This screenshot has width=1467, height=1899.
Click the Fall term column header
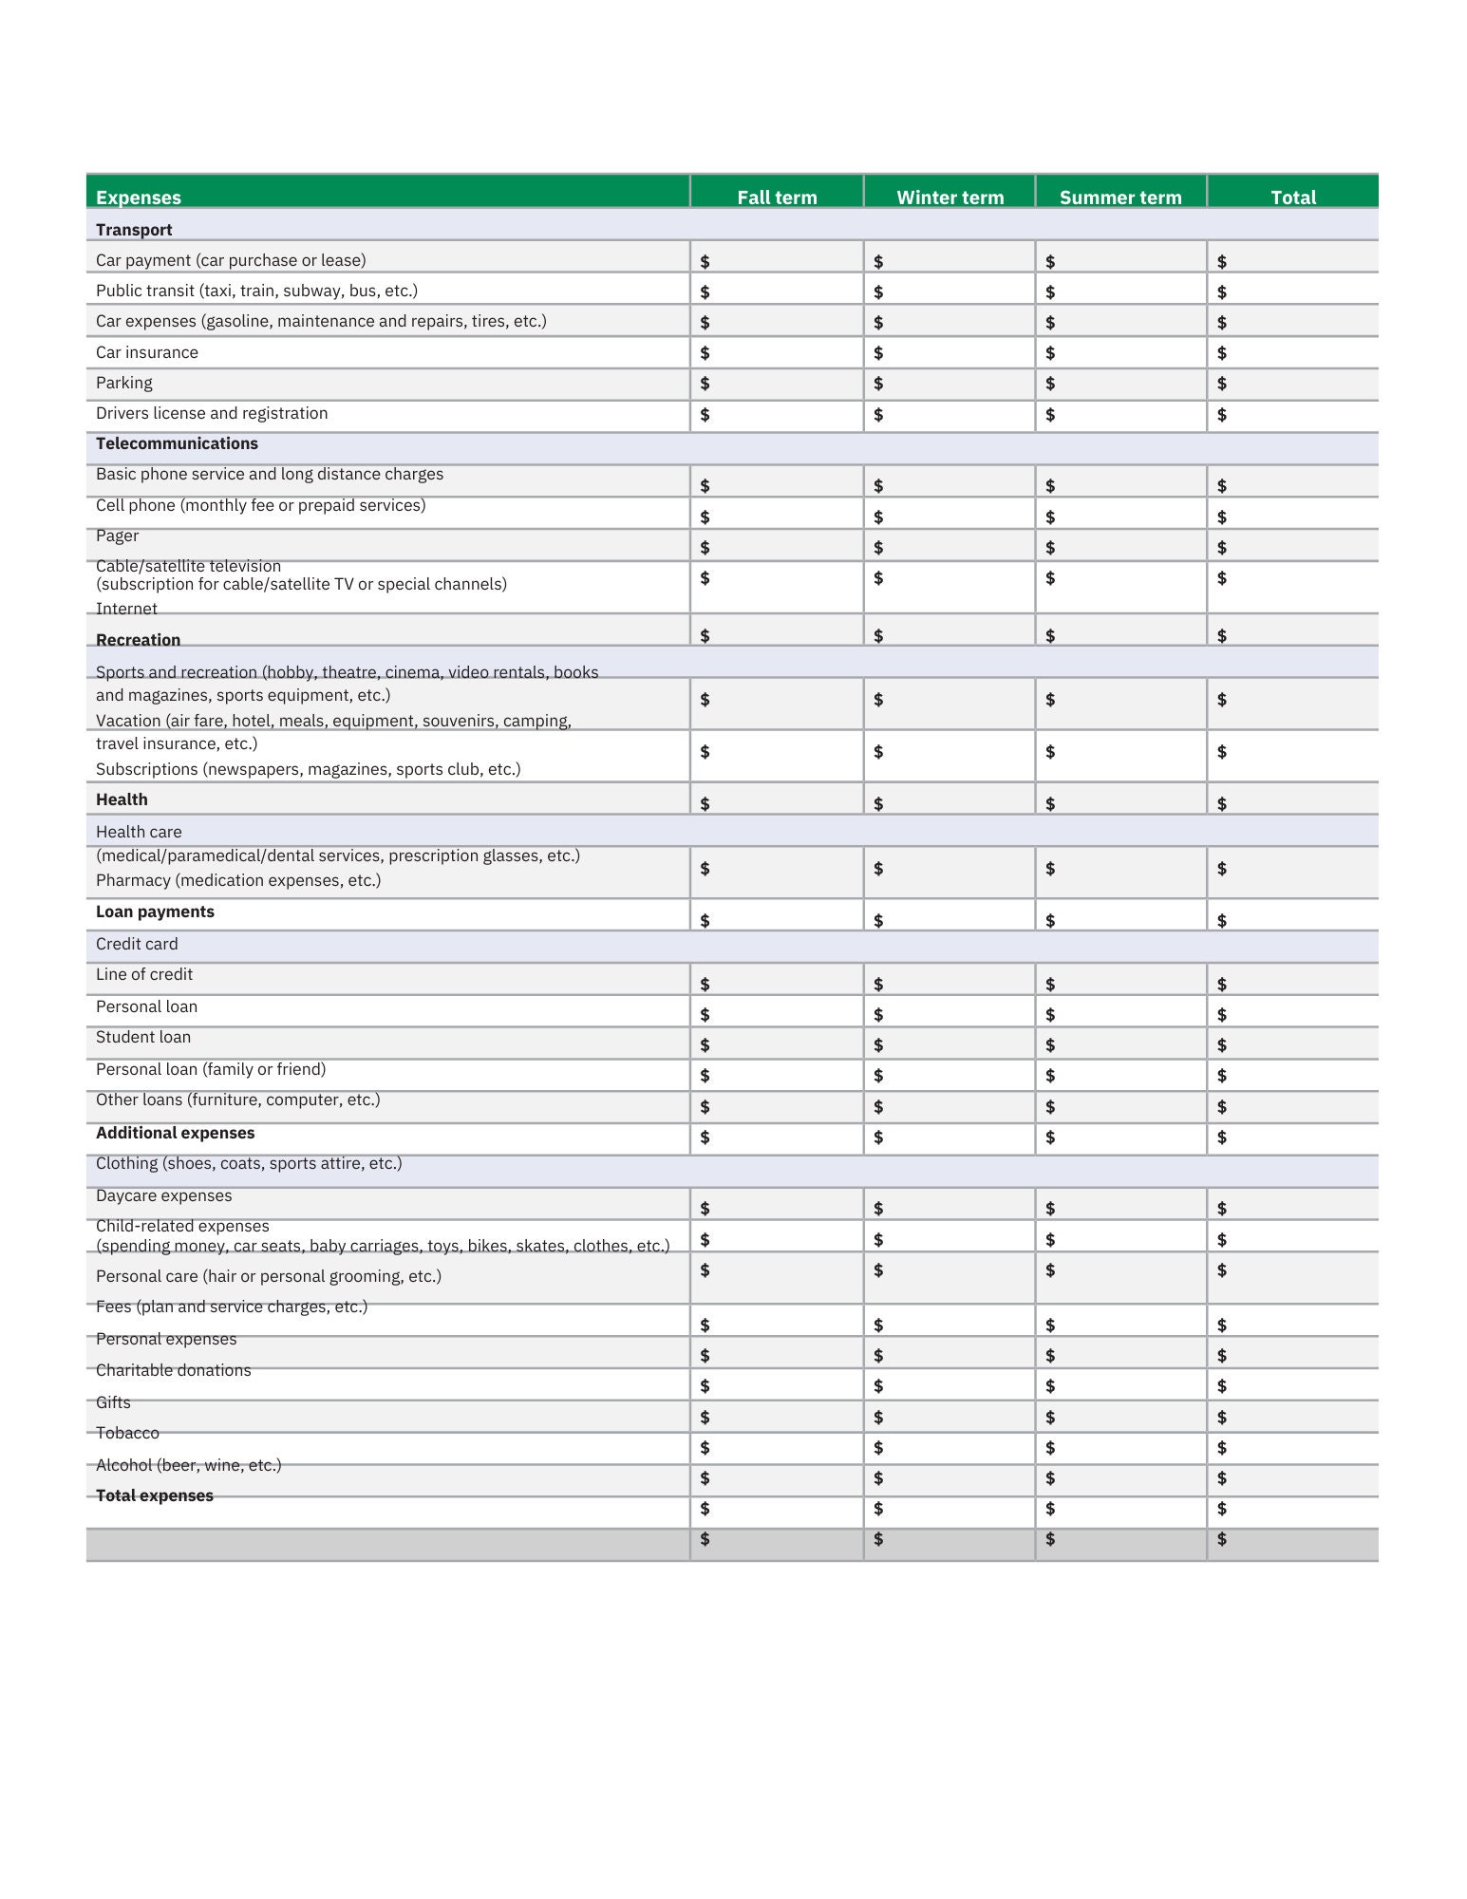[x=776, y=197]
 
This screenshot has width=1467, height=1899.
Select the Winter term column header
[x=949, y=197]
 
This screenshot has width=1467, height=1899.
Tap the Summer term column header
[x=1119, y=197]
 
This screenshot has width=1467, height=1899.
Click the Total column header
[x=1292, y=197]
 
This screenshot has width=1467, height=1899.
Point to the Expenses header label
[x=138, y=197]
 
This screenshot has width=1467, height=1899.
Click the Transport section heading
[x=134, y=230]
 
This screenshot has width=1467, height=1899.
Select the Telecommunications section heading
[x=177, y=443]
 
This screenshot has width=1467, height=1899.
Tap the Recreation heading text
[x=138, y=640]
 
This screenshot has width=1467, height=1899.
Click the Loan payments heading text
[x=155, y=912]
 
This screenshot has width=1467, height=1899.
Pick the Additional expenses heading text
[x=175, y=1133]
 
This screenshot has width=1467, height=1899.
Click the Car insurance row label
[x=147, y=352]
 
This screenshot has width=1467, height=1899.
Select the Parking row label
[x=123, y=383]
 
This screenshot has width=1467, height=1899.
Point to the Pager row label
[x=117, y=536]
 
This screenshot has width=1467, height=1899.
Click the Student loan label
[x=143, y=1037]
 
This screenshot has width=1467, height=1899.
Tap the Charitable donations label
[x=173, y=1370]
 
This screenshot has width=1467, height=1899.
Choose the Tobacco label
[x=127, y=1433]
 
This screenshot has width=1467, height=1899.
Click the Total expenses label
[x=154, y=1495]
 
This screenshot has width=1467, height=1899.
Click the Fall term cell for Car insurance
[x=776, y=352]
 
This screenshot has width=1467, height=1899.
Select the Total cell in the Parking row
[x=1292, y=384]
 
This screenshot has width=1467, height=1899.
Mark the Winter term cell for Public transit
[x=949, y=291]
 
